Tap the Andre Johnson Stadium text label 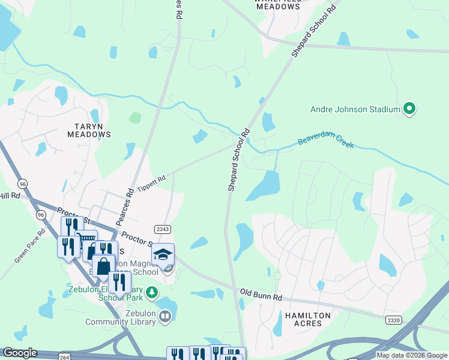355,109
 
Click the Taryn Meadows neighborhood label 92,130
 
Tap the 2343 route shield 162,229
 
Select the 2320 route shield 394,321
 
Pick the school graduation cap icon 163,254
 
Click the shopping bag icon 103,265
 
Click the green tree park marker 153,292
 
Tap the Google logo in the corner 20,353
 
